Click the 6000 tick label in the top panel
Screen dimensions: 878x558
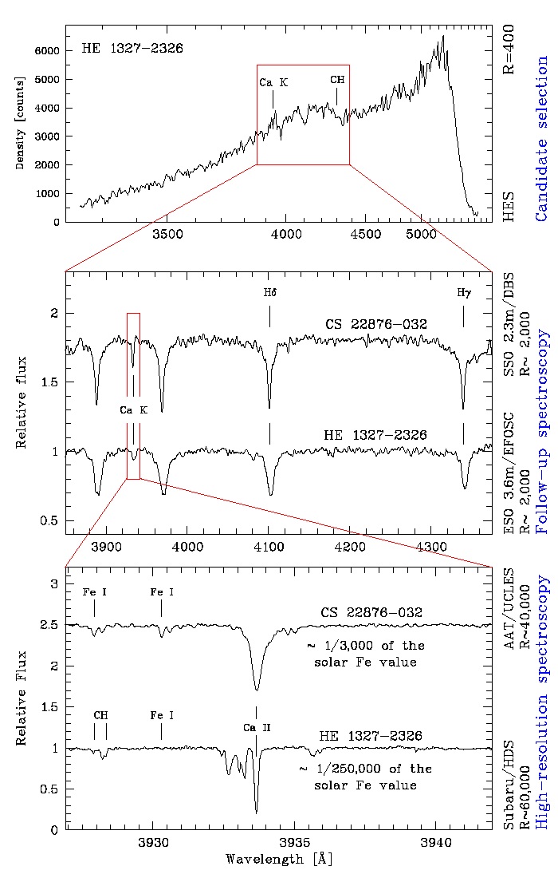pos(47,50)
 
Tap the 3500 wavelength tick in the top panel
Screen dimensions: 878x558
pos(167,234)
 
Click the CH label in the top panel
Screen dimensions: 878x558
pos(337,80)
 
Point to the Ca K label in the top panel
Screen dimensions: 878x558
pos(273,82)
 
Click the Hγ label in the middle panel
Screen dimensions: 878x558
pos(463,292)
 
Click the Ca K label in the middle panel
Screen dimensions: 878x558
pos(134,410)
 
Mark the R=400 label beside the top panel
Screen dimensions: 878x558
pos(510,49)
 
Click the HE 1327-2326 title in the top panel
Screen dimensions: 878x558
pos(132,48)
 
